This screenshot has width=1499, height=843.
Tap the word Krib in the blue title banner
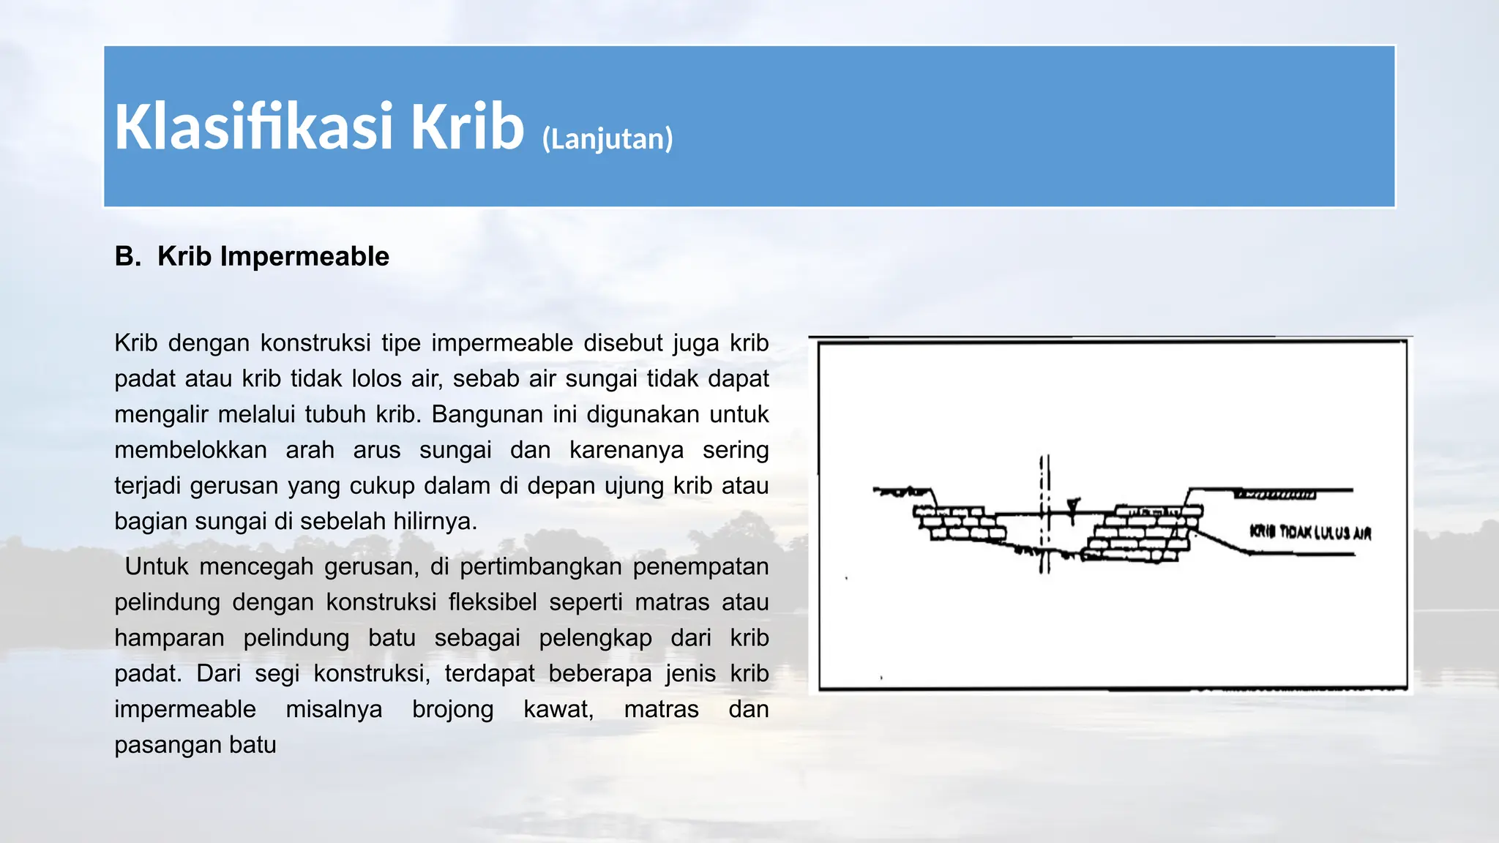(466, 127)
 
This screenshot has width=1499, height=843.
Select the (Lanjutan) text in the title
(607, 138)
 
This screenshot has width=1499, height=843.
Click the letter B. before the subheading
(127, 257)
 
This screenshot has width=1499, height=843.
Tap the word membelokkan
(190, 450)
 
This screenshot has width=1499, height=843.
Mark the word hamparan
(169, 638)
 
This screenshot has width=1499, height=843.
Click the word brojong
(452, 709)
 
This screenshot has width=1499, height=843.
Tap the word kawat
(558, 709)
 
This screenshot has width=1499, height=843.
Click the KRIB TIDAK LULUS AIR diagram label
(1310, 533)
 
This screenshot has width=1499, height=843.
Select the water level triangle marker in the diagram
(1073, 505)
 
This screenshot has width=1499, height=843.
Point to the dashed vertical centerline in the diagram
(1045, 512)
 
